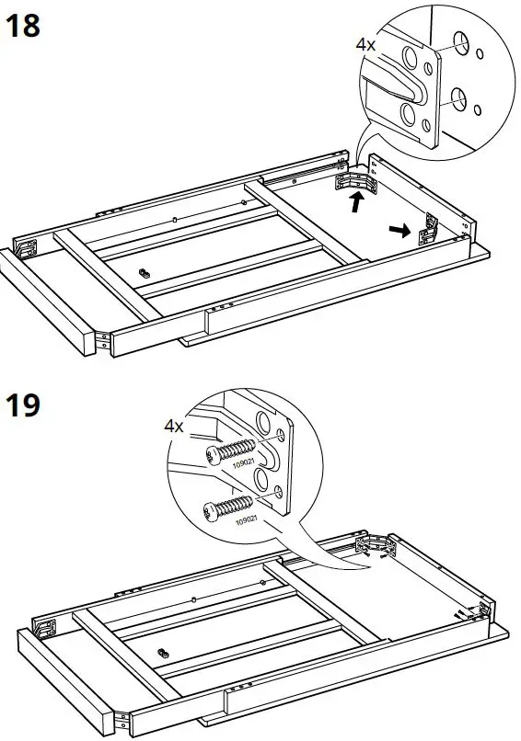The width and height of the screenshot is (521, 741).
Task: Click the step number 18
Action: pos(23,26)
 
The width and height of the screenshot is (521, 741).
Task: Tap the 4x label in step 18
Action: pos(366,43)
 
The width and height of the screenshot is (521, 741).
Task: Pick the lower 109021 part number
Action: pos(247,521)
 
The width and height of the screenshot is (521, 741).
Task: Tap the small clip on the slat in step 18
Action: pos(144,271)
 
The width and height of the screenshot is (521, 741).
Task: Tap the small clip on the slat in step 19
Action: pos(162,651)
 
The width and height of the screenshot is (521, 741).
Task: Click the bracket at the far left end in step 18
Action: pos(28,245)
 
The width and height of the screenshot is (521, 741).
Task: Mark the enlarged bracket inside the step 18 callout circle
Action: pos(405,92)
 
